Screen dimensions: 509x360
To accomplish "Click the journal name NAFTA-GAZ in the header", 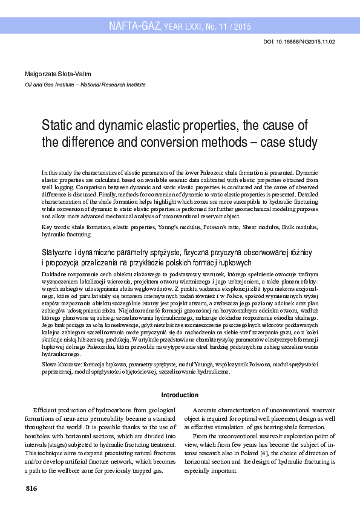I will [135, 26].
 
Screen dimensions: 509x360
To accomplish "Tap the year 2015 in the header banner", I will [242, 27].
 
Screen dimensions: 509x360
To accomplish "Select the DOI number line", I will [299, 42].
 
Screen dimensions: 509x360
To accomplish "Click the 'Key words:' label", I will [56, 227].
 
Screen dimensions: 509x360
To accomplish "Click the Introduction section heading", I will [180, 395].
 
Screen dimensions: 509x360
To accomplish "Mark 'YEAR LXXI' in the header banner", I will [183, 27].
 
